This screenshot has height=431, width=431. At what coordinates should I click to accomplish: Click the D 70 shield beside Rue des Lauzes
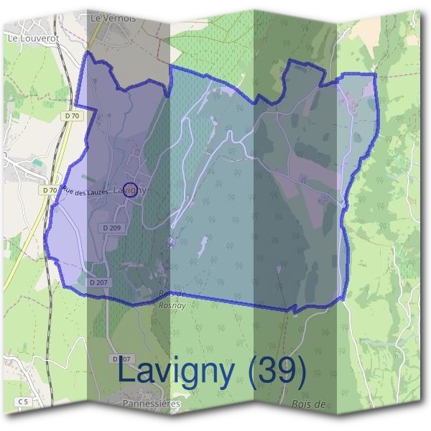tap(50, 190)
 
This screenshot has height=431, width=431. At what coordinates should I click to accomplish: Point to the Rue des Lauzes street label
tap(87, 192)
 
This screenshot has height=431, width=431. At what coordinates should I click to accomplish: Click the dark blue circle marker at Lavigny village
tap(129, 190)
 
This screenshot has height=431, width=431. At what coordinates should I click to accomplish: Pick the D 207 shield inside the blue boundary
tap(99, 282)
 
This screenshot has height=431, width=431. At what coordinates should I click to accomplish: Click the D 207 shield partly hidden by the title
tap(121, 358)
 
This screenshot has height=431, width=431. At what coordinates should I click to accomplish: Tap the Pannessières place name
tap(152, 404)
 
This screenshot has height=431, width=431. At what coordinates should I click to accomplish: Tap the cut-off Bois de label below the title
tap(310, 404)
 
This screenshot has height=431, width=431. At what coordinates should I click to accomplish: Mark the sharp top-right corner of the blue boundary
tap(375, 74)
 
